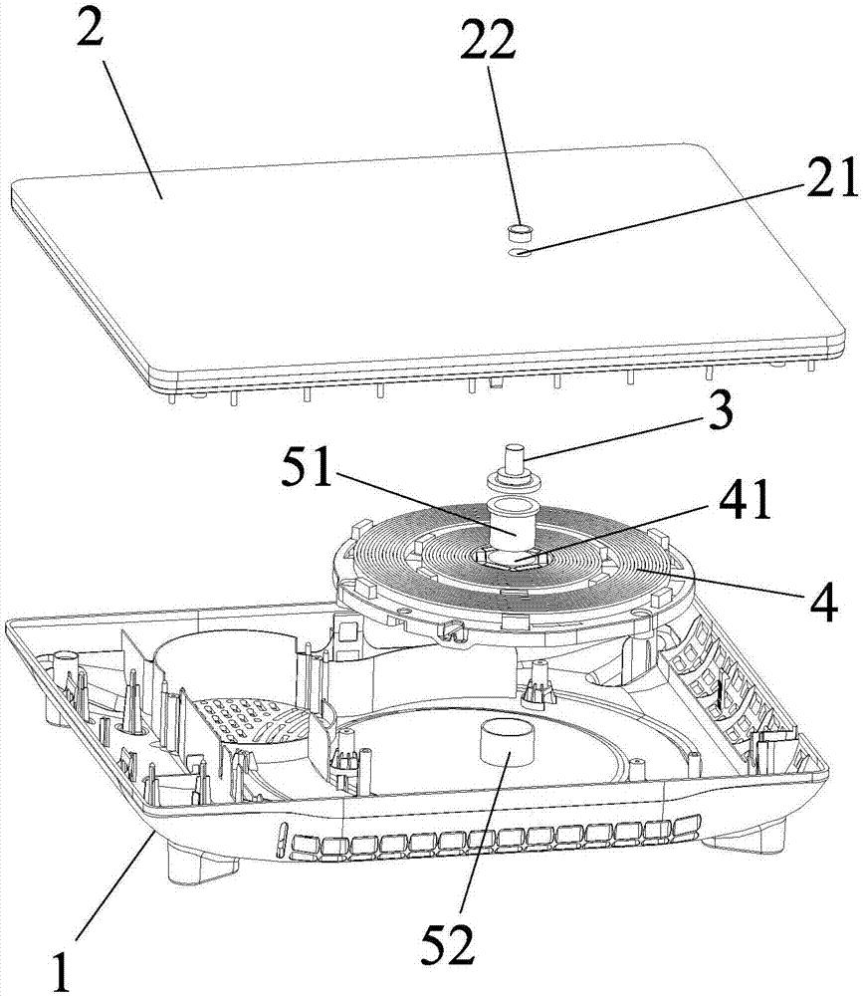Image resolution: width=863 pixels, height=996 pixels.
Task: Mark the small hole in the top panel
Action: point(521,253)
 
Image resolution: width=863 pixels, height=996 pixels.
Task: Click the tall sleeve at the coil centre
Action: point(512,524)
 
